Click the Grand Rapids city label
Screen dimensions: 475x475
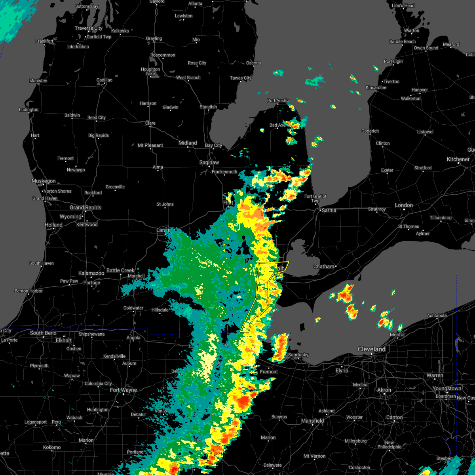click(x=85, y=207)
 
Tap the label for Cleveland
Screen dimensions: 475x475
click(x=371, y=349)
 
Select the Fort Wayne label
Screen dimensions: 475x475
click(x=123, y=390)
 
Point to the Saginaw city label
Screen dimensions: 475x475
click(x=209, y=162)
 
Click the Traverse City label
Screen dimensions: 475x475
click(x=89, y=28)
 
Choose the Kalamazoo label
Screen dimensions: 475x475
click(x=91, y=273)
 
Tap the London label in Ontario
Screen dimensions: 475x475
click(x=404, y=205)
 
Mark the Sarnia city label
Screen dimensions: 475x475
click(x=329, y=210)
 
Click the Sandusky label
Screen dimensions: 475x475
click(x=298, y=355)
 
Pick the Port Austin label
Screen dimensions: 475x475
click(x=278, y=101)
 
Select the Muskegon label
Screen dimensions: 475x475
click(x=44, y=181)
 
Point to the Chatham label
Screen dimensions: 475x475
click(x=324, y=266)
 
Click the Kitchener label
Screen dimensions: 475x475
click(x=458, y=159)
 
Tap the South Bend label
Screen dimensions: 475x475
click(x=43, y=333)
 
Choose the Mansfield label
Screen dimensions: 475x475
click(x=313, y=421)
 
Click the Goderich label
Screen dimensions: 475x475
click(x=370, y=131)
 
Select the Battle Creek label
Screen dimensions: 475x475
click(x=121, y=270)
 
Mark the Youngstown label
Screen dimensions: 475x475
click(x=447, y=388)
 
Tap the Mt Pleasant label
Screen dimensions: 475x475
click(x=150, y=145)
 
